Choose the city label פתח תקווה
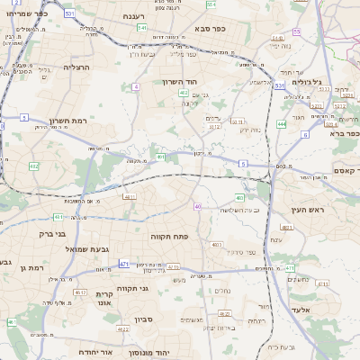point(168,235)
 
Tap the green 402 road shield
point(184,93)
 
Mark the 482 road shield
point(34,166)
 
